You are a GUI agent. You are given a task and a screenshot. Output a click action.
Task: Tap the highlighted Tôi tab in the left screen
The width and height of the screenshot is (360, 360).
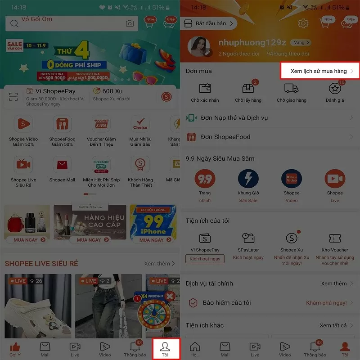click(x=165, y=349)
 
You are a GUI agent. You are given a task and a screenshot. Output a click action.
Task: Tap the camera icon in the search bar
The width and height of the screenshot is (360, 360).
click(x=130, y=23)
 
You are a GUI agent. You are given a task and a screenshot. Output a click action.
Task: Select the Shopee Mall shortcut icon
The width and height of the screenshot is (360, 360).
click(x=62, y=165)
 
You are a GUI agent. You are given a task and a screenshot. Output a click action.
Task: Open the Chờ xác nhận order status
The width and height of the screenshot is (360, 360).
click(x=205, y=89)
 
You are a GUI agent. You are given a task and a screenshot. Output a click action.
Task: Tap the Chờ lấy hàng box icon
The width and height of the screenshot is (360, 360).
click(x=248, y=89)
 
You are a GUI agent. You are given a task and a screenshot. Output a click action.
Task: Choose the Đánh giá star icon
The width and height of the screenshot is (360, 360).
click(x=334, y=89)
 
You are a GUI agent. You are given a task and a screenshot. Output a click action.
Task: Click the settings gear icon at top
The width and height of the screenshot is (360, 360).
click(x=304, y=23)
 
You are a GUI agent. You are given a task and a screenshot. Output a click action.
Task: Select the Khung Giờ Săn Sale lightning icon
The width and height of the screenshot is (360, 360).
click(x=248, y=179)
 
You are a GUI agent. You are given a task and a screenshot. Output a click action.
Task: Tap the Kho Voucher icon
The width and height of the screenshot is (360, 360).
click(x=335, y=238)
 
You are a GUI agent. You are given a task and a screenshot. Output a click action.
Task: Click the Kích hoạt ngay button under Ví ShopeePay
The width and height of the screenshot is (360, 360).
click(x=205, y=259)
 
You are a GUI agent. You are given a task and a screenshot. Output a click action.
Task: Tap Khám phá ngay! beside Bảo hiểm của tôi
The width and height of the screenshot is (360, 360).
click(x=326, y=303)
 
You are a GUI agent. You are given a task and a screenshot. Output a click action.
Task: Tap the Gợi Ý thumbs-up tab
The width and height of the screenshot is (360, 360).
click(x=15, y=349)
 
